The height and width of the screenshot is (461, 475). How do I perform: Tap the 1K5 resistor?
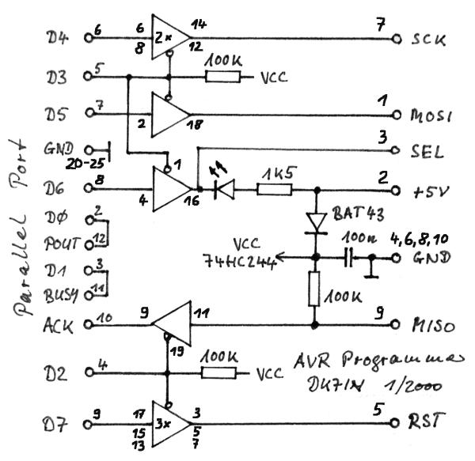coord(274,190)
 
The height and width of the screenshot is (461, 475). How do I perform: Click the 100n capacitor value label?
coord(362,237)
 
